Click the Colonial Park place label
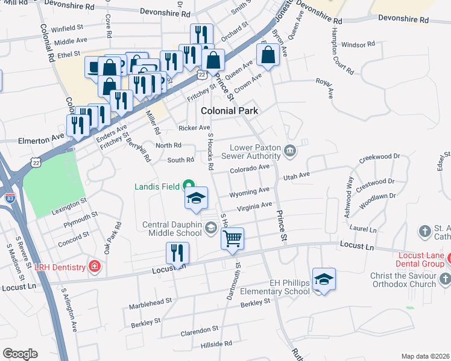click(229, 111)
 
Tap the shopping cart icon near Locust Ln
click(232, 239)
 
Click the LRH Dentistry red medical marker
click(94, 266)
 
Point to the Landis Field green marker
click(189, 186)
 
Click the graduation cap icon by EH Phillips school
click(324, 279)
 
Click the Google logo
click(20, 354)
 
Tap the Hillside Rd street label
click(216, 342)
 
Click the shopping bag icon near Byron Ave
click(267, 55)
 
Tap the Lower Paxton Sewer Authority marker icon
click(290, 150)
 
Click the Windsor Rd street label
click(358, 45)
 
